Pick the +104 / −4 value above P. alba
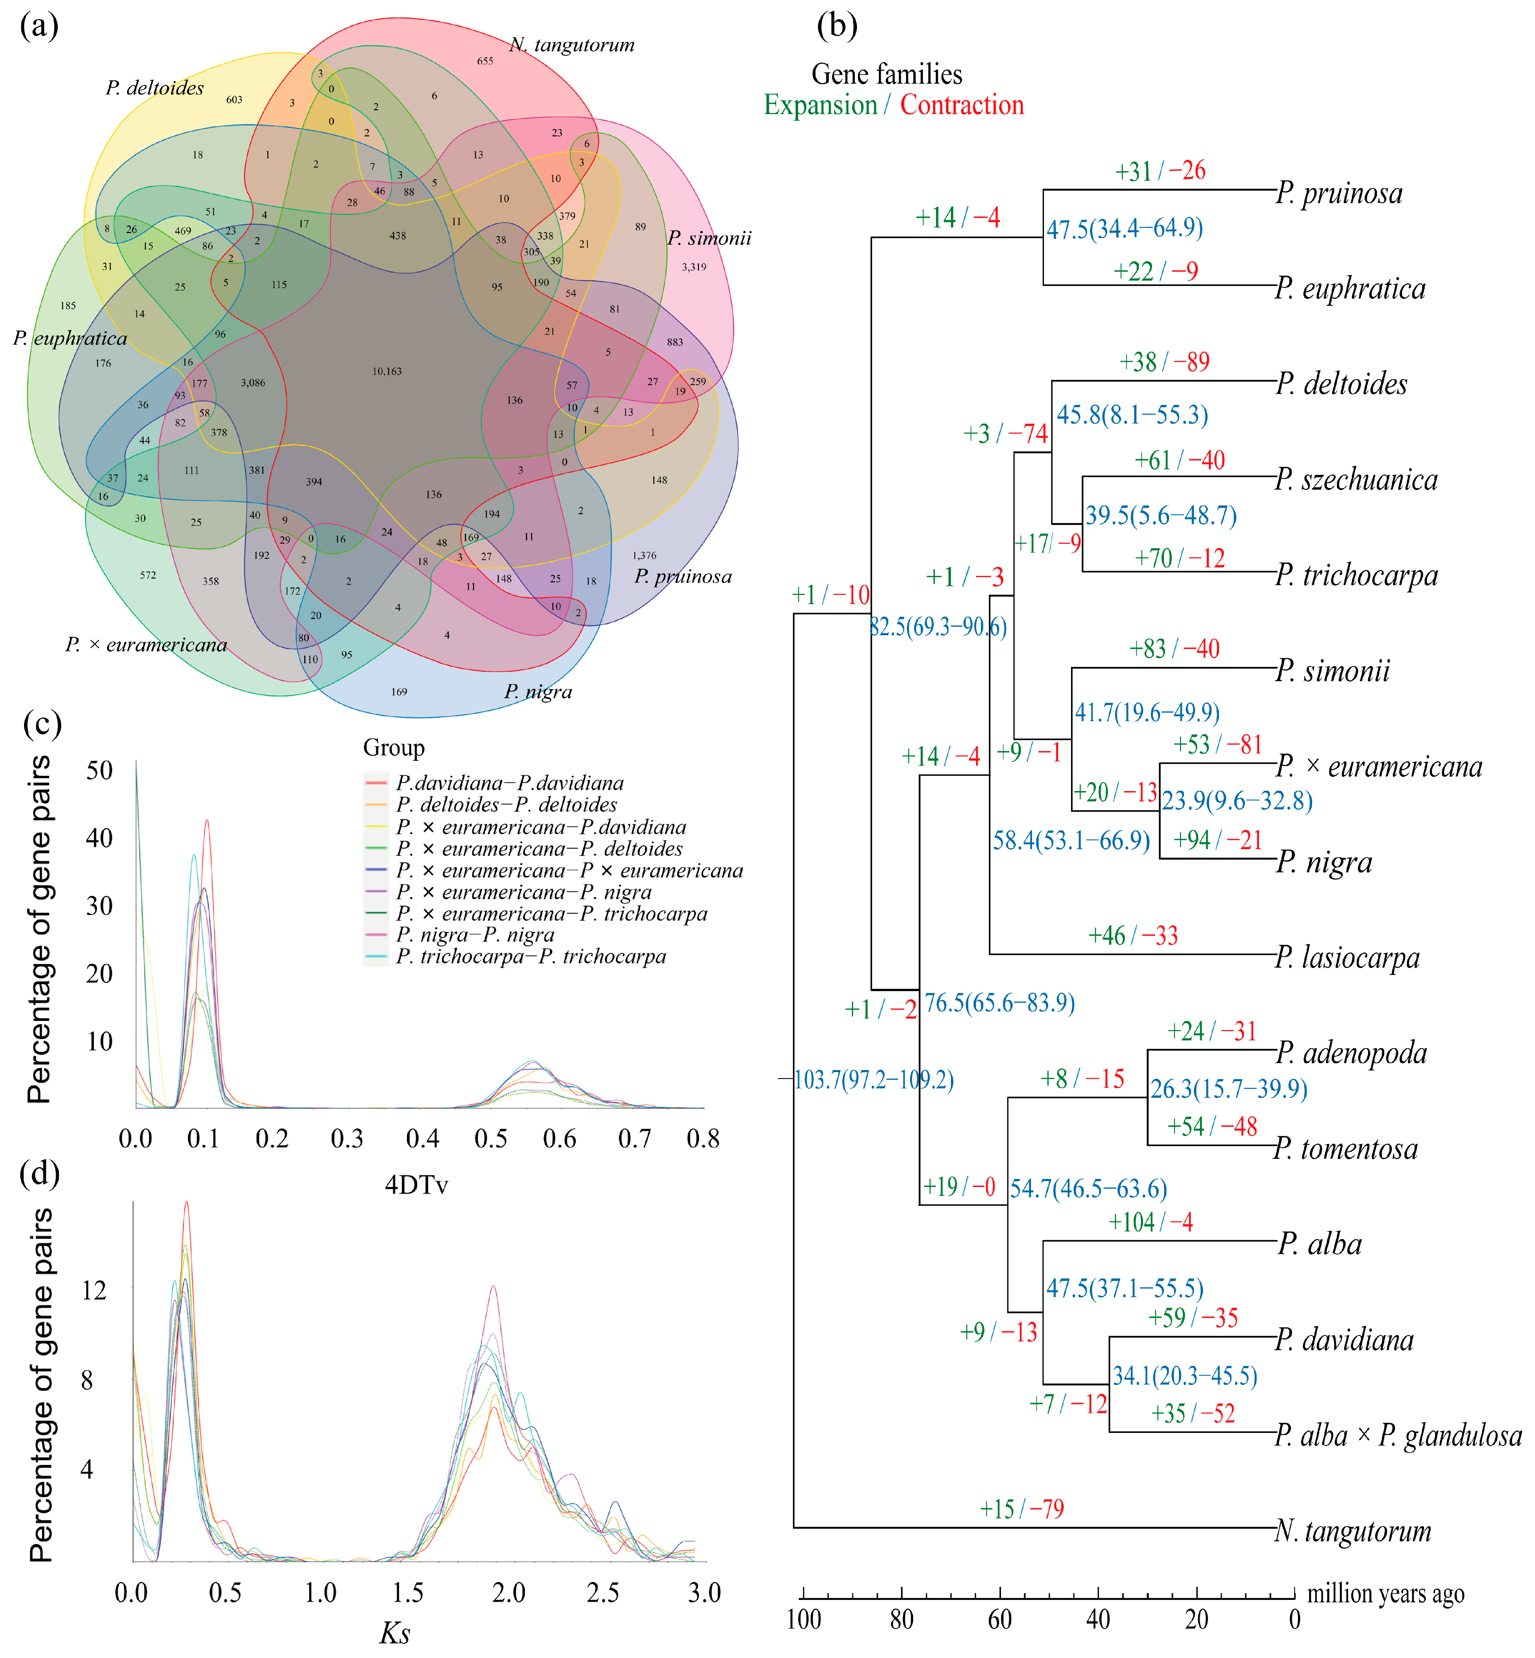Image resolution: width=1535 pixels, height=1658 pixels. point(1150,1222)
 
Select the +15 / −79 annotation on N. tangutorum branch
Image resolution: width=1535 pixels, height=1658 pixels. point(1022,1508)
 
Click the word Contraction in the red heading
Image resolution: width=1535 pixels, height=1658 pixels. point(962,105)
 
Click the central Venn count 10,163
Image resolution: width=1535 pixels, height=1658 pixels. point(387,371)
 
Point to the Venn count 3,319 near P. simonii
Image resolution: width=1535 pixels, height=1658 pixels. point(694,267)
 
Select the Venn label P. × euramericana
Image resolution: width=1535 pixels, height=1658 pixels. point(146,645)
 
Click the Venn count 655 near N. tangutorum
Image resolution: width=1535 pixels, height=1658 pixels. point(485,61)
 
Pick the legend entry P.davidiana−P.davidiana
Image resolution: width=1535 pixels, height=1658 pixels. point(509,783)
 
